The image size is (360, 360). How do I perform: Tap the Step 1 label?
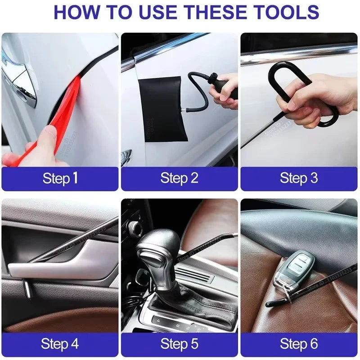point(60,178)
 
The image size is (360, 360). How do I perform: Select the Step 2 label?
point(179,178)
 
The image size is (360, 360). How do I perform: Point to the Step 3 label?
point(299,178)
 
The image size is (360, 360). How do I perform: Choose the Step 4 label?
point(60,344)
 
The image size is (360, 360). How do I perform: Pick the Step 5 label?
point(179,344)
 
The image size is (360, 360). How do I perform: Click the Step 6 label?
point(299,344)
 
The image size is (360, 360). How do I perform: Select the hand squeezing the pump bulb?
point(225,90)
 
